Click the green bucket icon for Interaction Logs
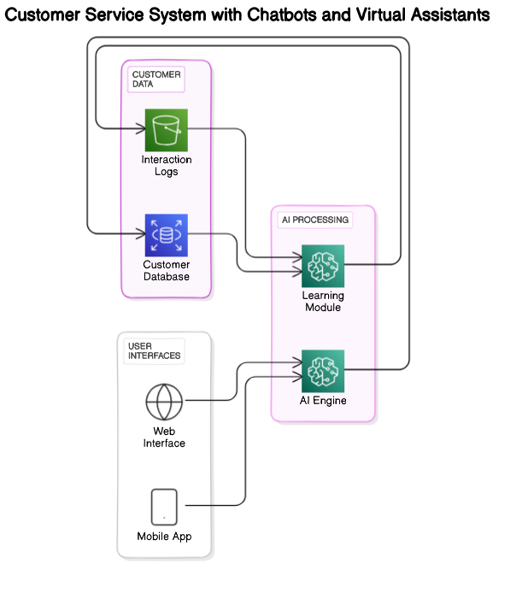point(166,130)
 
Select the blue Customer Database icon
point(166,235)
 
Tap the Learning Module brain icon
point(323,266)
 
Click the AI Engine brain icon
point(323,370)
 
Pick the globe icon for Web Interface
point(164,400)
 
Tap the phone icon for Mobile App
point(164,506)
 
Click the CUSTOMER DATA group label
point(156,79)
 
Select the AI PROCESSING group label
point(315,220)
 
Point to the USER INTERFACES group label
point(154,350)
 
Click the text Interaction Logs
point(167,166)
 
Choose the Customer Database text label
point(167,271)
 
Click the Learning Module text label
point(323,302)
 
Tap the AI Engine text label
point(323,401)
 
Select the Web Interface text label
point(164,437)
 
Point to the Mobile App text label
point(164,537)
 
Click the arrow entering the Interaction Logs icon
point(132,130)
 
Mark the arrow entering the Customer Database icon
point(132,234)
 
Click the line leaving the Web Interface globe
point(200,400)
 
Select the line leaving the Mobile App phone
point(200,506)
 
